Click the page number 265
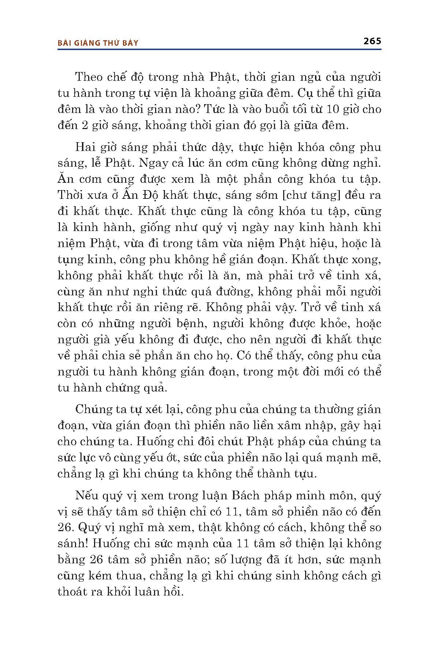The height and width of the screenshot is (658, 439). click(x=372, y=41)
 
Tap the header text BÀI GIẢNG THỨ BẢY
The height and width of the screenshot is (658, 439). click(x=98, y=43)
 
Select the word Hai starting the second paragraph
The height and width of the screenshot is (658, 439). click(x=84, y=147)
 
